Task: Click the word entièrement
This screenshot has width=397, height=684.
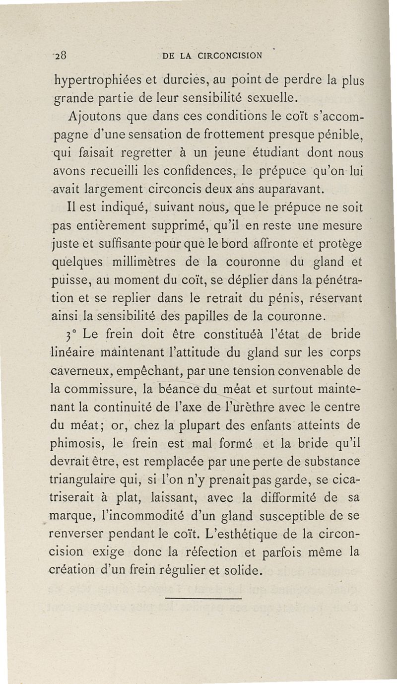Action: [x=115, y=226]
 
